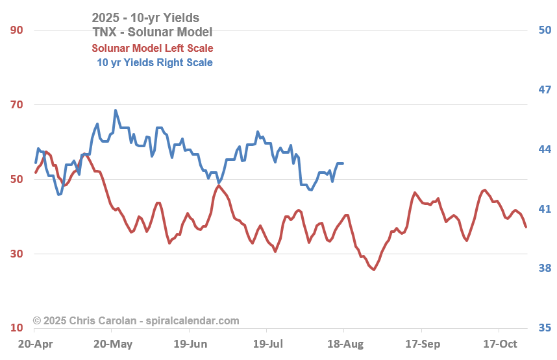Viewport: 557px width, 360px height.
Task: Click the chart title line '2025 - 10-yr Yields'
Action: pyautogui.click(x=145, y=18)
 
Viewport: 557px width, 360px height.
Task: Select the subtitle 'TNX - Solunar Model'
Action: pyautogui.click(x=152, y=32)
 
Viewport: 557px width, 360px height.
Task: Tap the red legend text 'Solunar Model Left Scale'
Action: pyautogui.click(x=152, y=48)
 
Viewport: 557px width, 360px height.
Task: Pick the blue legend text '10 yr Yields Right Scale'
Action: pyautogui.click(x=155, y=62)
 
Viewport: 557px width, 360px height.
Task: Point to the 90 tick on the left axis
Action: pyautogui.click(x=16, y=30)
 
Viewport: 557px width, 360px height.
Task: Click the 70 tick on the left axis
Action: pyautogui.click(x=16, y=104)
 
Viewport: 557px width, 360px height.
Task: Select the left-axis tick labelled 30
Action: pyautogui.click(x=16, y=254)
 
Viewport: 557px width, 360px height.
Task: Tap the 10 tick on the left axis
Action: pyautogui.click(x=16, y=328)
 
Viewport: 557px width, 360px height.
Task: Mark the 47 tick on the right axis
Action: pyautogui.click(x=545, y=90)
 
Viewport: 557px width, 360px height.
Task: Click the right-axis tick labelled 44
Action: pyautogui.click(x=545, y=149)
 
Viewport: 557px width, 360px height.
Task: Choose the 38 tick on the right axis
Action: pyautogui.click(x=545, y=269)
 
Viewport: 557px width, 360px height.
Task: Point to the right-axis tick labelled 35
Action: pyautogui.click(x=545, y=328)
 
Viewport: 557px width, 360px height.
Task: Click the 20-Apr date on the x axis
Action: pyautogui.click(x=35, y=343)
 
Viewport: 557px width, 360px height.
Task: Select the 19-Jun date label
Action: pyautogui.click(x=190, y=343)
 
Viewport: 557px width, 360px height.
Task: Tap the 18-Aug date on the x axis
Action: pyautogui.click(x=344, y=343)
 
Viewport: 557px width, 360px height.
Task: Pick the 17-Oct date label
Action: pyautogui.click(x=500, y=343)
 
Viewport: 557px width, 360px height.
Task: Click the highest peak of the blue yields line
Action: pyautogui.click(x=116, y=110)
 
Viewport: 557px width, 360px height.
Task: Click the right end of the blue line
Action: pyautogui.click(x=343, y=163)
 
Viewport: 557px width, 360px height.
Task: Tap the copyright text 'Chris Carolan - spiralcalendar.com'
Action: pyautogui.click(x=136, y=320)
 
